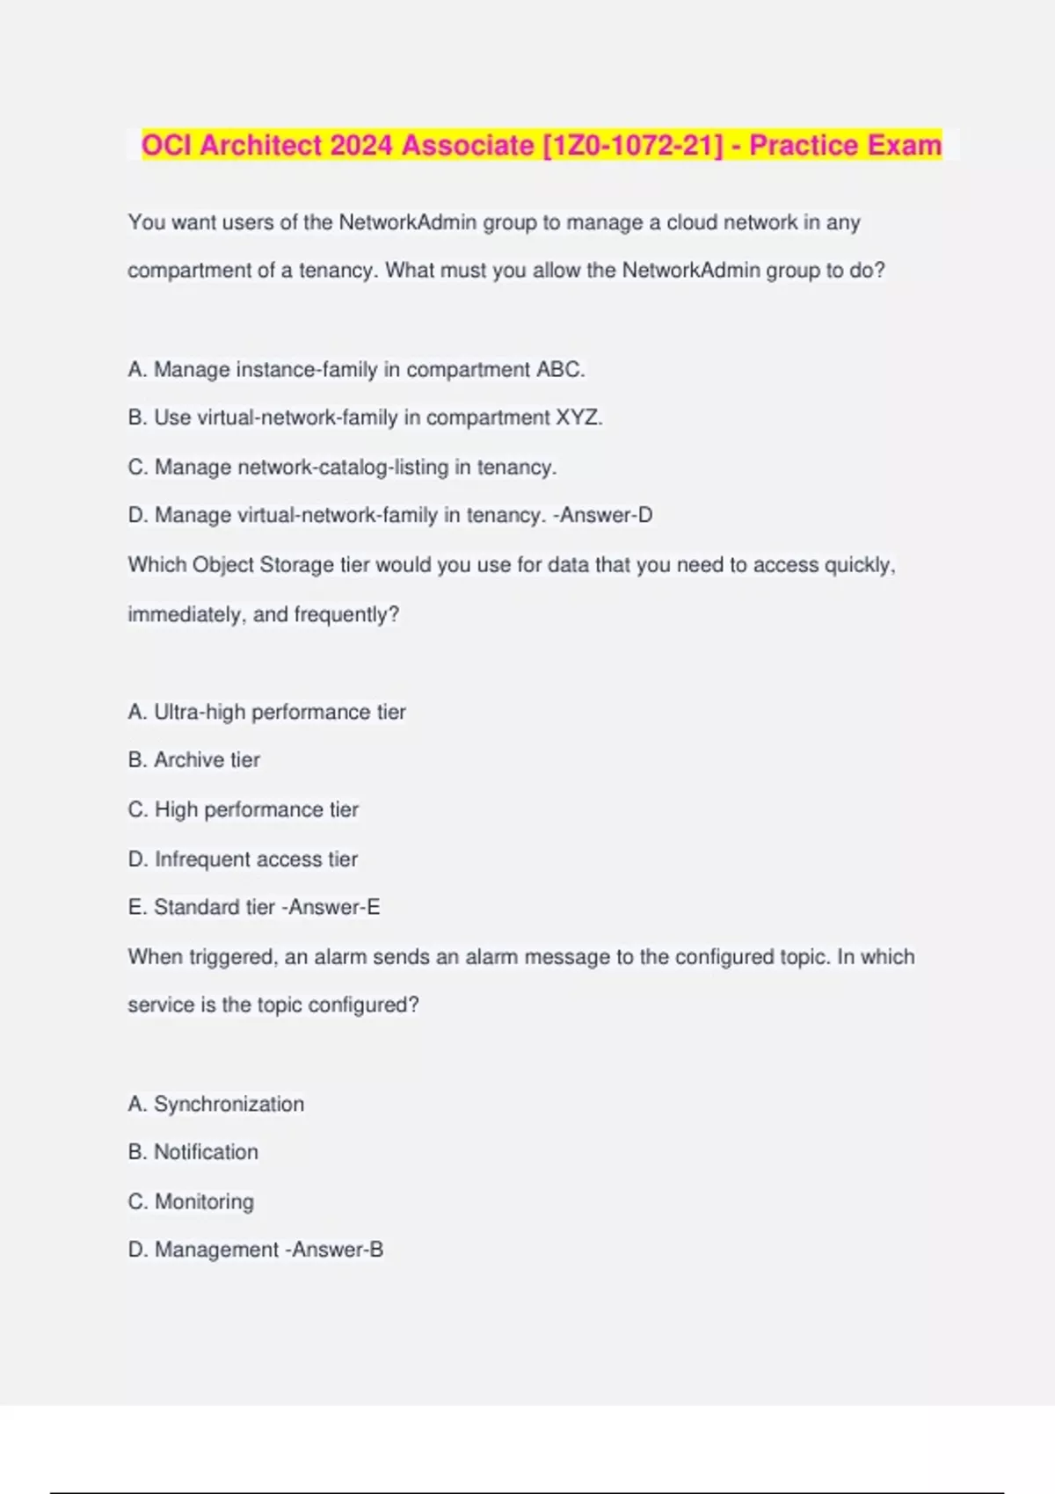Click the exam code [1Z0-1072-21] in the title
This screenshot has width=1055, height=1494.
pyautogui.click(x=634, y=145)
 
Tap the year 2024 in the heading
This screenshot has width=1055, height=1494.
pyautogui.click(x=361, y=145)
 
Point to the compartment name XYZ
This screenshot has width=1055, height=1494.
pyautogui.click(x=578, y=417)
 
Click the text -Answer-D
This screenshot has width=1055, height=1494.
pyautogui.click(x=603, y=515)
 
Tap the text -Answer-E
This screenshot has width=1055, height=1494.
pyautogui.click(x=331, y=907)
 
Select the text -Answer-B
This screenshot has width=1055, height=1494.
pyautogui.click(x=334, y=1250)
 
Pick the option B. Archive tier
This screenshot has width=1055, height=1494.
pyautogui.click(x=194, y=760)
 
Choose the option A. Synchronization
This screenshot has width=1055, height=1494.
pyautogui.click(x=216, y=1104)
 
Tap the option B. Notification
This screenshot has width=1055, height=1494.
pyautogui.click(x=193, y=1152)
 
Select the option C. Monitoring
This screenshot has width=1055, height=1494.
pyautogui.click(x=192, y=1201)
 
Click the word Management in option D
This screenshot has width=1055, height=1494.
pyautogui.click(x=217, y=1250)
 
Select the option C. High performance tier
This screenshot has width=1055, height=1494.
pyautogui.click(x=244, y=809)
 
